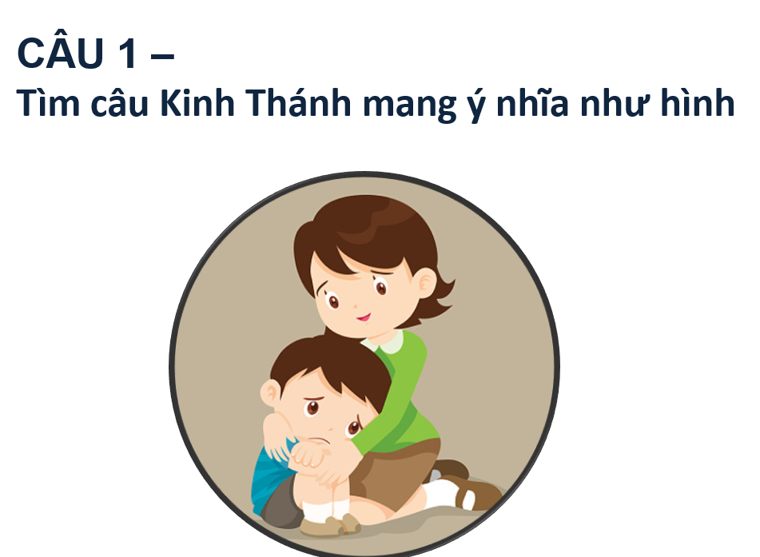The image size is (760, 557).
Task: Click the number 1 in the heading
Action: tap(128, 53)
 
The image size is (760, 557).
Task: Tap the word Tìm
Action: tap(48, 102)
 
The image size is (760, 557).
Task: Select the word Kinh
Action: tap(197, 102)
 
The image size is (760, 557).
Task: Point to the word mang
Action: tap(409, 105)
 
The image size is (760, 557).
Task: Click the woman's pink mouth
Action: tap(363, 318)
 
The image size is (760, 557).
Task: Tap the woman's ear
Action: tap(425, 283)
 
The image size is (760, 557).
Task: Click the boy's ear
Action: tap(270, 392)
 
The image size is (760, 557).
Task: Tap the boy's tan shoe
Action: tap(329, 526)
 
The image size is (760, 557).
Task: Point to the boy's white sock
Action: tap(324, 509)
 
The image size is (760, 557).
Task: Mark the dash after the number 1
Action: tap(162, 58)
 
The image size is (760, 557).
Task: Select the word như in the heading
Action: tap(615, 105)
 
